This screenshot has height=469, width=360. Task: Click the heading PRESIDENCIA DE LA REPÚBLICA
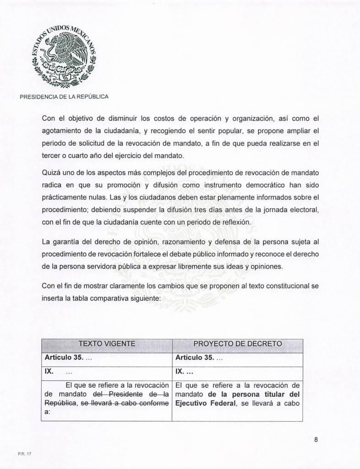tap(64, 97)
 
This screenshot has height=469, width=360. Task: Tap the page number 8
tap(316, 440)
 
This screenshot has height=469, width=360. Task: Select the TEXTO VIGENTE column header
tap(107, 344)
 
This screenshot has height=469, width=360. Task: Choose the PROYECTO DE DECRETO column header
tap(237, 344)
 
